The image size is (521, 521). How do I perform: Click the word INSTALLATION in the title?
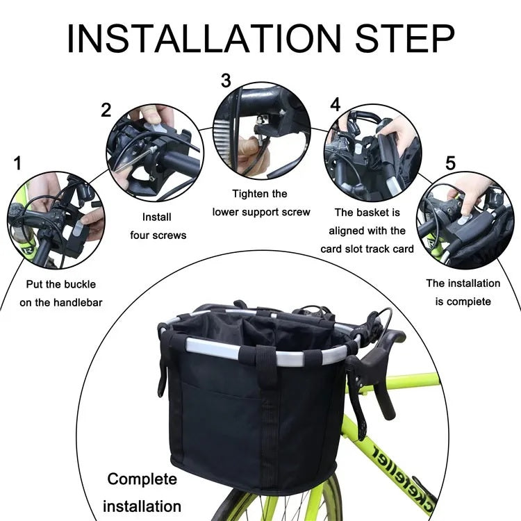click(204, 38)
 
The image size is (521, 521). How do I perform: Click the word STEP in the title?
click(405, 38)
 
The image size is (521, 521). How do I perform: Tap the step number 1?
click(17, 163)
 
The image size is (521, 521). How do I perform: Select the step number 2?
click(106, 110)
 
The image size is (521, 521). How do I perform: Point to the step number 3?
click(226, 81)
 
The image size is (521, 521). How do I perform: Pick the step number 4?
click(336, 105)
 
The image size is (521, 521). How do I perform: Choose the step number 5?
click(450, 163)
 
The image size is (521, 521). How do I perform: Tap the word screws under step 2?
click(168, 235)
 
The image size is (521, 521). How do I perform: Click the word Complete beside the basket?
click(142, 479)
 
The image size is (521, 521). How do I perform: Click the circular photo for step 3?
click(261, 131)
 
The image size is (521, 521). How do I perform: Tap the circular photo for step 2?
click(155, 153)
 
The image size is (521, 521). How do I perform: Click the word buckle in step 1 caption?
click(80, 284)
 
